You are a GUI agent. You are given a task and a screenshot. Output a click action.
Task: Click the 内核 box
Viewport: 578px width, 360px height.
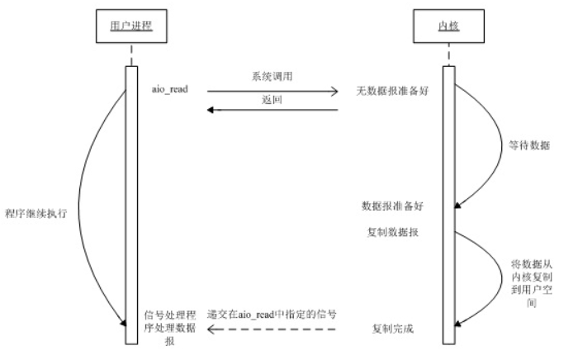447,27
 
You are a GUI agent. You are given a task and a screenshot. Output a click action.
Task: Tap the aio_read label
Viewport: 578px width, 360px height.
172,88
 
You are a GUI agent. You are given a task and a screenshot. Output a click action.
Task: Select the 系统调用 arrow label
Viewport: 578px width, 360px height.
272,76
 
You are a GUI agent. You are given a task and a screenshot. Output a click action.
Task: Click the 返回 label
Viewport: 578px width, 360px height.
272,99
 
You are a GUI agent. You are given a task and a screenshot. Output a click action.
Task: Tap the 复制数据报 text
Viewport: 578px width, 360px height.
392,232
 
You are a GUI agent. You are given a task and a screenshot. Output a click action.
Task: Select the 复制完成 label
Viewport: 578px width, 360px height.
392,329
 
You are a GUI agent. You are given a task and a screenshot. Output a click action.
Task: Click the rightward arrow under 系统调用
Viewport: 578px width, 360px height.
272,91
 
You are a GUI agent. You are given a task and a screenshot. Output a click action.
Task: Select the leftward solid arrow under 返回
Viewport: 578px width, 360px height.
272,110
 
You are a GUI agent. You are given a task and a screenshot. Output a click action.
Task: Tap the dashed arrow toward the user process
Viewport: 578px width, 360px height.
272,330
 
